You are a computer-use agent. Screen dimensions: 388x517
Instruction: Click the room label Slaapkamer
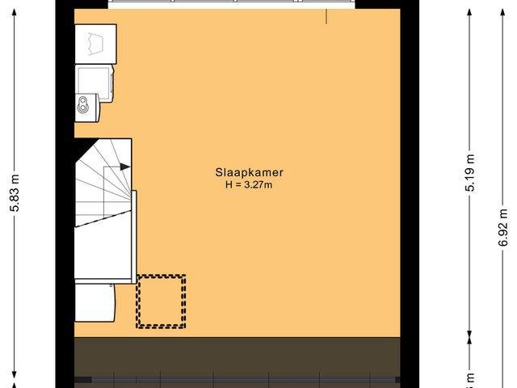point(249,172)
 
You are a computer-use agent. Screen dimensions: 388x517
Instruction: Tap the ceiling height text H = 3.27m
point(249,184)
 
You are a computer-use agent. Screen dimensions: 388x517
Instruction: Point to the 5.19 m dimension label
point(469,172)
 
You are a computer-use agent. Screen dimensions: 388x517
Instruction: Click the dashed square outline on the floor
point(161,302)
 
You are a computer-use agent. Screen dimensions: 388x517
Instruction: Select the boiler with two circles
point(86,103)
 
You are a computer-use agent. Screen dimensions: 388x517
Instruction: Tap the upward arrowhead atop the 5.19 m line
point(469,13)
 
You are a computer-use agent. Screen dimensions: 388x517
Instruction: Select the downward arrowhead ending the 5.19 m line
point(469,332)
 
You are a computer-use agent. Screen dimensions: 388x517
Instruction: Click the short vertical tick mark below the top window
point(326,16)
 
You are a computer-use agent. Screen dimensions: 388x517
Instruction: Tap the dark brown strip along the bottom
point(238,356)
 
